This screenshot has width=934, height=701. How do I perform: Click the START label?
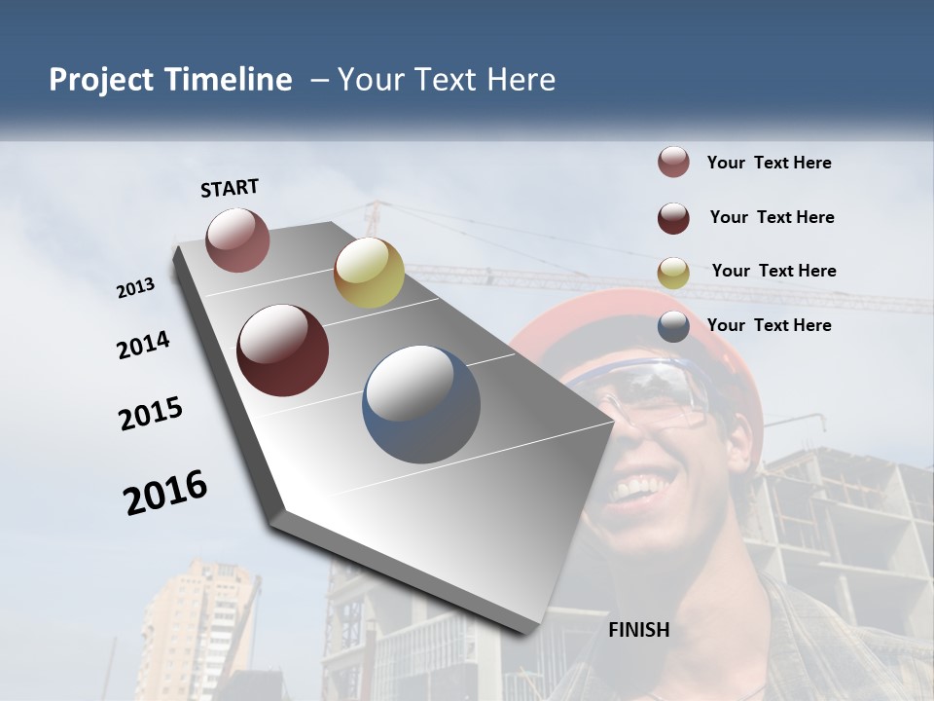pyautogui.click(x=230, y=188)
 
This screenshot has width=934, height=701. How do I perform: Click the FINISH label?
pyautogui.click(x=639, y=630)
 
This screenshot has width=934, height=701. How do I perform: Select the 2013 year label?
pyautogui.click(x=135, y=288)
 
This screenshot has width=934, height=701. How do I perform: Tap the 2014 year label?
pyautogui.click(x=143, y=346)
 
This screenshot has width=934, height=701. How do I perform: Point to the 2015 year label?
pyautogui.click(x=151, y=414)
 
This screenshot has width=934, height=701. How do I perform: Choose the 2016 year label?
pyautogui.click(x=165, y=493)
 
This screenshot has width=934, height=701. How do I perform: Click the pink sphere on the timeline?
pyautogui.click(x=237, y=240)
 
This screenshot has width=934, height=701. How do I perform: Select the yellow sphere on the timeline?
pyautogui.click(x=369, y=273)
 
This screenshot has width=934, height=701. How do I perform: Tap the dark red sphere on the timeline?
pyautogui.click(x=282, y=350)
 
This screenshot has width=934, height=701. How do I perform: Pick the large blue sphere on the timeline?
pyautogui.click(x=421, y=404)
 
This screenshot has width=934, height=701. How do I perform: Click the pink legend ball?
pyautogui.click(x=673, y=163)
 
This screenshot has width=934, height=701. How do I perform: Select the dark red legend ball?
pyautogui.click(x=673, y=218)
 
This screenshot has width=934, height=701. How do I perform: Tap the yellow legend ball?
pyautogui.click(x=673, y=273)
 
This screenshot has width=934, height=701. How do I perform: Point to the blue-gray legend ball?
pyautogui.click(x=673, y=326)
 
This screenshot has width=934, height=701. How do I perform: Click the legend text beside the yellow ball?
pyautogui.click(x=773, y=271)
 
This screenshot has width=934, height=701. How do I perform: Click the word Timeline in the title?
pyautogui.click(x=229, y=80)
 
